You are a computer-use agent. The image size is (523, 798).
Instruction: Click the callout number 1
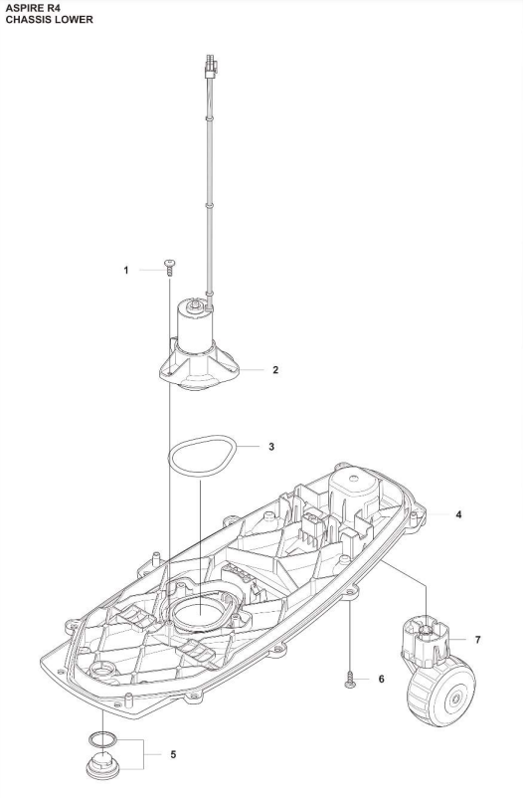[x=126, y=270]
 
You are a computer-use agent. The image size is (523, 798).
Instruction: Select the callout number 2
[x=275, y=370]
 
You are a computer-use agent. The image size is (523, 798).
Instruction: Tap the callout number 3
[x=271, y=447]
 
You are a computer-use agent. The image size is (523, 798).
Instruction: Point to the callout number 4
[x=458, y=514]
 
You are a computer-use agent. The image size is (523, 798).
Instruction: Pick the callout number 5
[x=173, y=754]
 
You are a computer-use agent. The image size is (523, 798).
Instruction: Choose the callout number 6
[x=382, y=679]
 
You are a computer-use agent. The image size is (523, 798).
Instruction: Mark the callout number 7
[x=477, y=640]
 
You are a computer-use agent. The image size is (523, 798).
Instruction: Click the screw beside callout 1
[x=169, y=268]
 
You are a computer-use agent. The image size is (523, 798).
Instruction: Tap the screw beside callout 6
[x=350, y=680]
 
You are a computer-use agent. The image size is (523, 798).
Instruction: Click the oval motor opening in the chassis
[x=200, y=610]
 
